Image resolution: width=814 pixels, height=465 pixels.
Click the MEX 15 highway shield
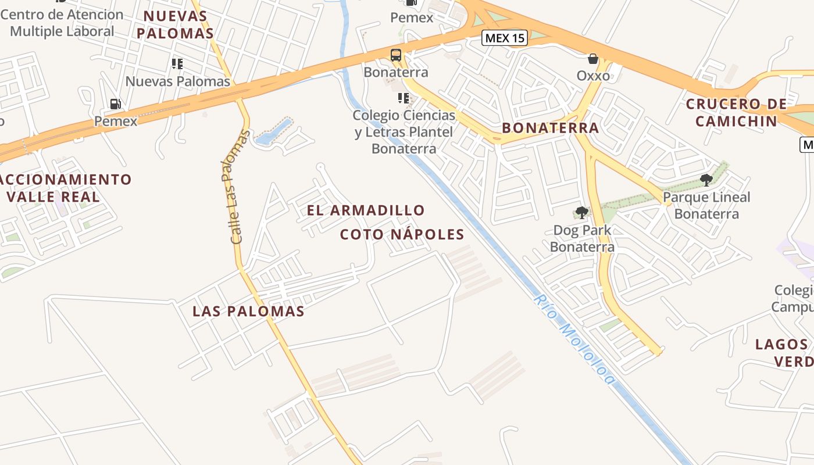[505, 38]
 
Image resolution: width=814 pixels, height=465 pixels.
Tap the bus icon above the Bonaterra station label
[396, 55]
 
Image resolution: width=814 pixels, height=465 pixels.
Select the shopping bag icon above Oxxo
[593, 59]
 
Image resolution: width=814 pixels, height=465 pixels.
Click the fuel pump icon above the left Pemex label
[116, 104]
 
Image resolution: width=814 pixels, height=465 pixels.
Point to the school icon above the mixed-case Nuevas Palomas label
[177, 64]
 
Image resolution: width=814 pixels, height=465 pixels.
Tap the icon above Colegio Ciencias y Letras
[403, 98]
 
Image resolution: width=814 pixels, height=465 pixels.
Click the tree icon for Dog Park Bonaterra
[581, 213]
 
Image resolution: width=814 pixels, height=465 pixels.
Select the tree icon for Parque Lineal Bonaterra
[706, 180]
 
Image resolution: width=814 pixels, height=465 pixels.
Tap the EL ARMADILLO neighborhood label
[366, 210]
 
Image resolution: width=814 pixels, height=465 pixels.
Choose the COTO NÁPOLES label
[402, 235]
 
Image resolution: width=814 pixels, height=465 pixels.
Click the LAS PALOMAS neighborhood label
[248, 312]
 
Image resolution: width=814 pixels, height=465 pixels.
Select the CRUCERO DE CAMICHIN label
[736, 113]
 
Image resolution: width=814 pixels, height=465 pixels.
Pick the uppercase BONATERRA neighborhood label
[550, 128]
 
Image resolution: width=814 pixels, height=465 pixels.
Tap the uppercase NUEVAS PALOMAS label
[175, 24]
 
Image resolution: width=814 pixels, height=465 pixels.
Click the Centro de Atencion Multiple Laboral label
[62, 23]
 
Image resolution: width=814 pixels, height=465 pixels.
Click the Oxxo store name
[593, 76]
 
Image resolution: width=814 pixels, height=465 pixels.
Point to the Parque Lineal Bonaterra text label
[706, 206]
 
